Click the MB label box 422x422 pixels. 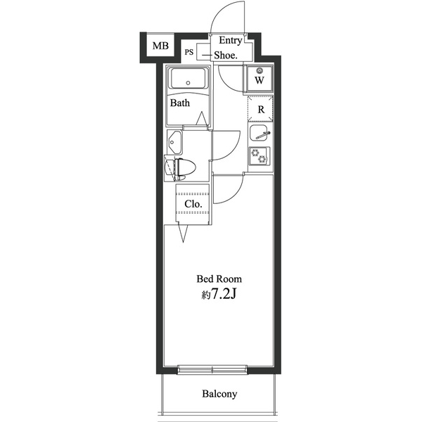(160, 46)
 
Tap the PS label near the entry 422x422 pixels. (189, 51)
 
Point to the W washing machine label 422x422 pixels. (260, 80)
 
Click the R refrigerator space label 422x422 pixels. (260, 109)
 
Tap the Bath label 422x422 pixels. (180, 103)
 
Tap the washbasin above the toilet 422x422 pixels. (174, 143)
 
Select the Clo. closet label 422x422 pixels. (193, 204)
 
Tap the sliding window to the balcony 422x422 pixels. (212, 369)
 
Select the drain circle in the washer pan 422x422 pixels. (260, 70)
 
